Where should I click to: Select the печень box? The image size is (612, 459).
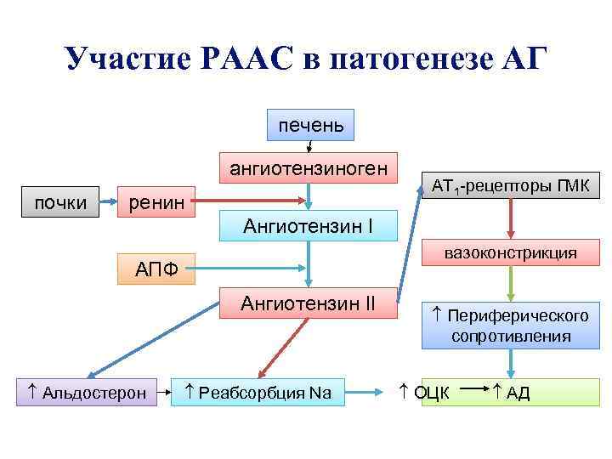coord(310,126)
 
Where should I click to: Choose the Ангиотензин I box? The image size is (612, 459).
coord(308,225)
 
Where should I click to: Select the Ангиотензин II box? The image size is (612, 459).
coord(308,303)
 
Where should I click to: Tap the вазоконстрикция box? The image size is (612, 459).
coord(510,253)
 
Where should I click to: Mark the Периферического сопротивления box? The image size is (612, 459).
coord(510,326)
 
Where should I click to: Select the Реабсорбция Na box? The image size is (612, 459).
coord(258,393)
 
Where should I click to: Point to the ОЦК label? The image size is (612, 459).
coord(425,393)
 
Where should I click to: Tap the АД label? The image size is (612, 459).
coord(512,393)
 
